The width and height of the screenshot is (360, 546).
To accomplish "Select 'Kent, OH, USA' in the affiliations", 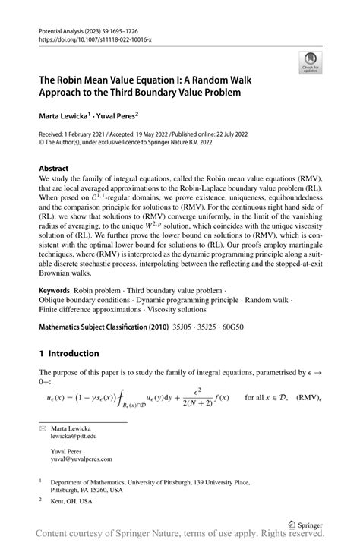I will tap(71, 502).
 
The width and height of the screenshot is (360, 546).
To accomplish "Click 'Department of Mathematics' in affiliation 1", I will tap(92, 481).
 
